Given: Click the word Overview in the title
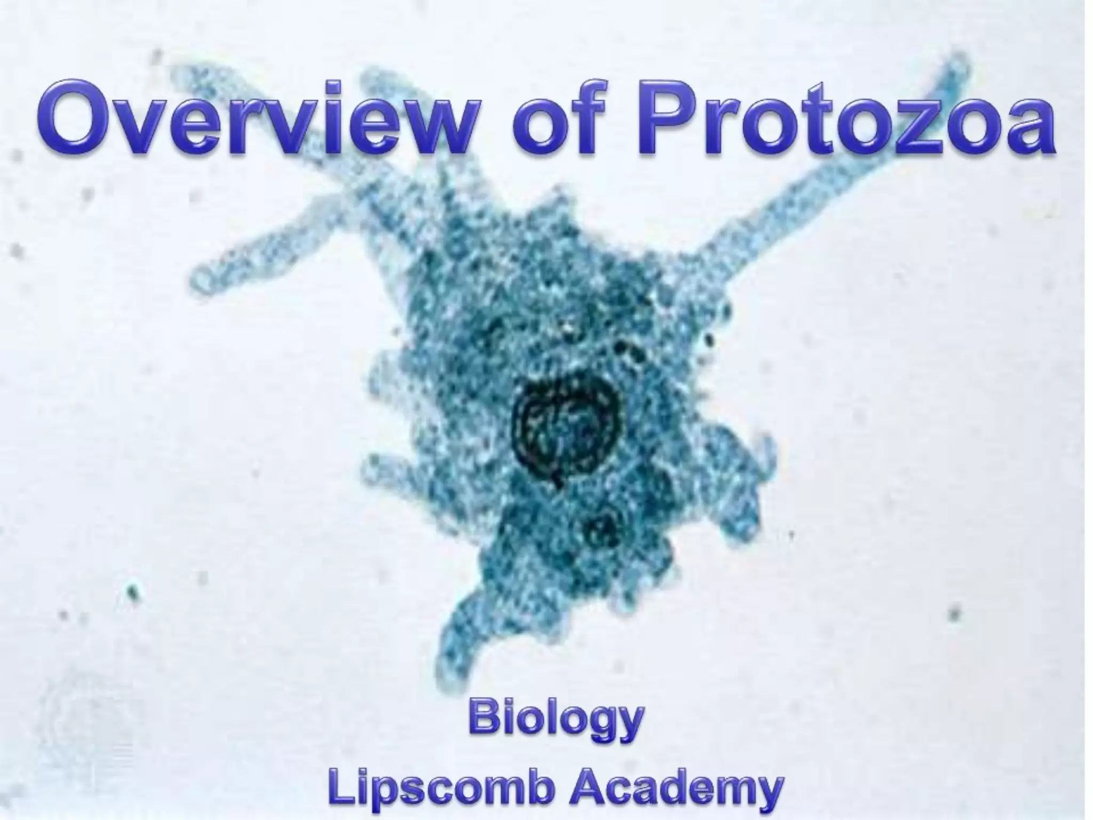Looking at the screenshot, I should [x=255, y=119].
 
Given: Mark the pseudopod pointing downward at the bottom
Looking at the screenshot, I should [x=454, y=641].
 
